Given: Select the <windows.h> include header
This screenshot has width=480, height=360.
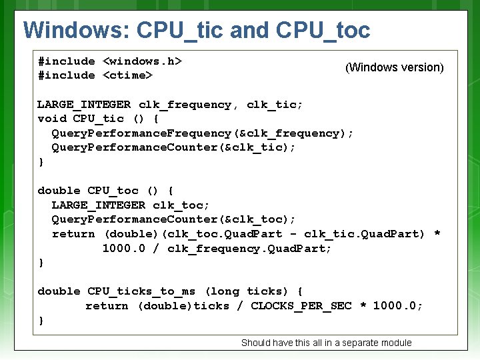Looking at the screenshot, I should (x=143, y=61).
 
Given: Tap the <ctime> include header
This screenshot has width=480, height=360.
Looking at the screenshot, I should (x=128, y=75).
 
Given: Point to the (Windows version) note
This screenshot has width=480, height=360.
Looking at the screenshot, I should (x=394, y=67).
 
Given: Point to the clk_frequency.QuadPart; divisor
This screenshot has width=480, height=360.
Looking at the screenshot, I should (x=249, y=249).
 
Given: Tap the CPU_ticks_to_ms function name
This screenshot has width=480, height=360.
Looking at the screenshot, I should (x=141, y=291).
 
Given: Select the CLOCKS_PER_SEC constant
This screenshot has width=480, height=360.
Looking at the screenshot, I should (x=301, y=306).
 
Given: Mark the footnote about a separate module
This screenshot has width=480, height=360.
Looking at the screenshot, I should (x=326, y=343).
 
